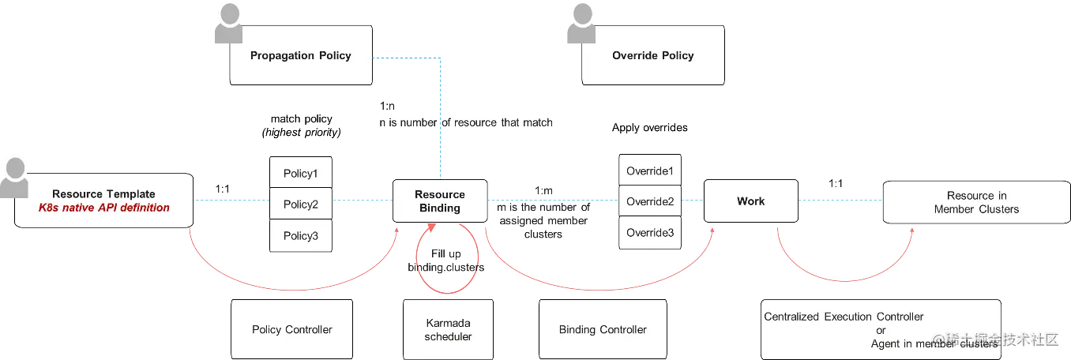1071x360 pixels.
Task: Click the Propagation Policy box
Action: [x=300, y=55]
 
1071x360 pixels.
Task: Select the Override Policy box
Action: [x=652, y=55]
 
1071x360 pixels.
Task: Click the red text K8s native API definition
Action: [x=103, y=208]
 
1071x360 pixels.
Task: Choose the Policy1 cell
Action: [x=300, y=172]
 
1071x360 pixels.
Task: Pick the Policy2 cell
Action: [x=300, y=204]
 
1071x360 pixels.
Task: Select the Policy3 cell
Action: [x=300, y=236]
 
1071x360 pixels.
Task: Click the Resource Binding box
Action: [x=440, y=201]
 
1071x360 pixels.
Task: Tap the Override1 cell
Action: [x=650, y=171]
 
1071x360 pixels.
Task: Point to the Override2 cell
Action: [x=650, y=201]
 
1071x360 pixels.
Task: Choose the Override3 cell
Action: [x=650, y=233]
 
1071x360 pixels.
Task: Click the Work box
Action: [x=750, y=201]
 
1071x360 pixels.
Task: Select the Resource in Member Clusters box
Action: [x=976, y=203]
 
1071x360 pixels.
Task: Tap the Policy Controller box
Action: [x=291, y=329]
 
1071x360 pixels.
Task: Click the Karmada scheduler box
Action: [x=448, y=330]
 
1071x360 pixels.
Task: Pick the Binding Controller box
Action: [x=603, y=329]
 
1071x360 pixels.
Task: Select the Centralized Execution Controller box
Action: [x=880, y=329]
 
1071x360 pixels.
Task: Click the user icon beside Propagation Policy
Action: [x=229, y=23]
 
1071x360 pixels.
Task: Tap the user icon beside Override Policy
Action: [x=580, y=23]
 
